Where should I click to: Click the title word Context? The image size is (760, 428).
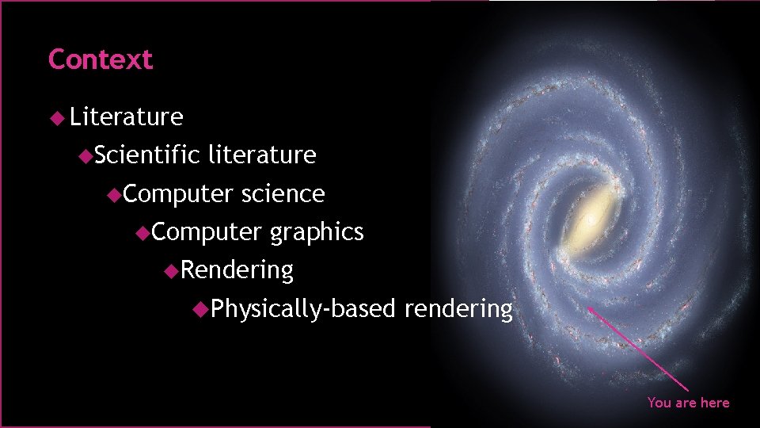click(x=100, y=59)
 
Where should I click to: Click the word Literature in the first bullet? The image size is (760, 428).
click(x=127, y=117)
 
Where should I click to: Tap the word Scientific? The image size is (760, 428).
click(x=147, y=155)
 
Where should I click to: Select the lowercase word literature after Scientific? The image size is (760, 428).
click(x=262, y=155)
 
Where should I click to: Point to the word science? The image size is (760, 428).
click(x=283, y=193)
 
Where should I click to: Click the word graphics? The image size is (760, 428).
click(x=317, y=232)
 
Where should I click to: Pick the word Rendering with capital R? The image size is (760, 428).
click(x=237, y=270)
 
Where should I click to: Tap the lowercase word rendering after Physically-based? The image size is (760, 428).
click(x=458, y=308)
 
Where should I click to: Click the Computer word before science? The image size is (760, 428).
click(x=178, y=193)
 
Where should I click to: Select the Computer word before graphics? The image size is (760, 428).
click(x=207, y=232)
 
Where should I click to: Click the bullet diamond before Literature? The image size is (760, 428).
click(x=55, y=117)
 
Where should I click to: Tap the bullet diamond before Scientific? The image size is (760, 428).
click(x=85, y=155)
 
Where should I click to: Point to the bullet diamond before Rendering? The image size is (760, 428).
click(x=172, y=270)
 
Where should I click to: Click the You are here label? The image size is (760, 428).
click(x=688, y=403)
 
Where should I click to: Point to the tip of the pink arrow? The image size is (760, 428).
click(x=587, y=308)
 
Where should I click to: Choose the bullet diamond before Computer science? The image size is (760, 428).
click(x=114, y=193)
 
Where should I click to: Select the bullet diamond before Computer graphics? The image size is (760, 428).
click(x=142, y=232)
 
